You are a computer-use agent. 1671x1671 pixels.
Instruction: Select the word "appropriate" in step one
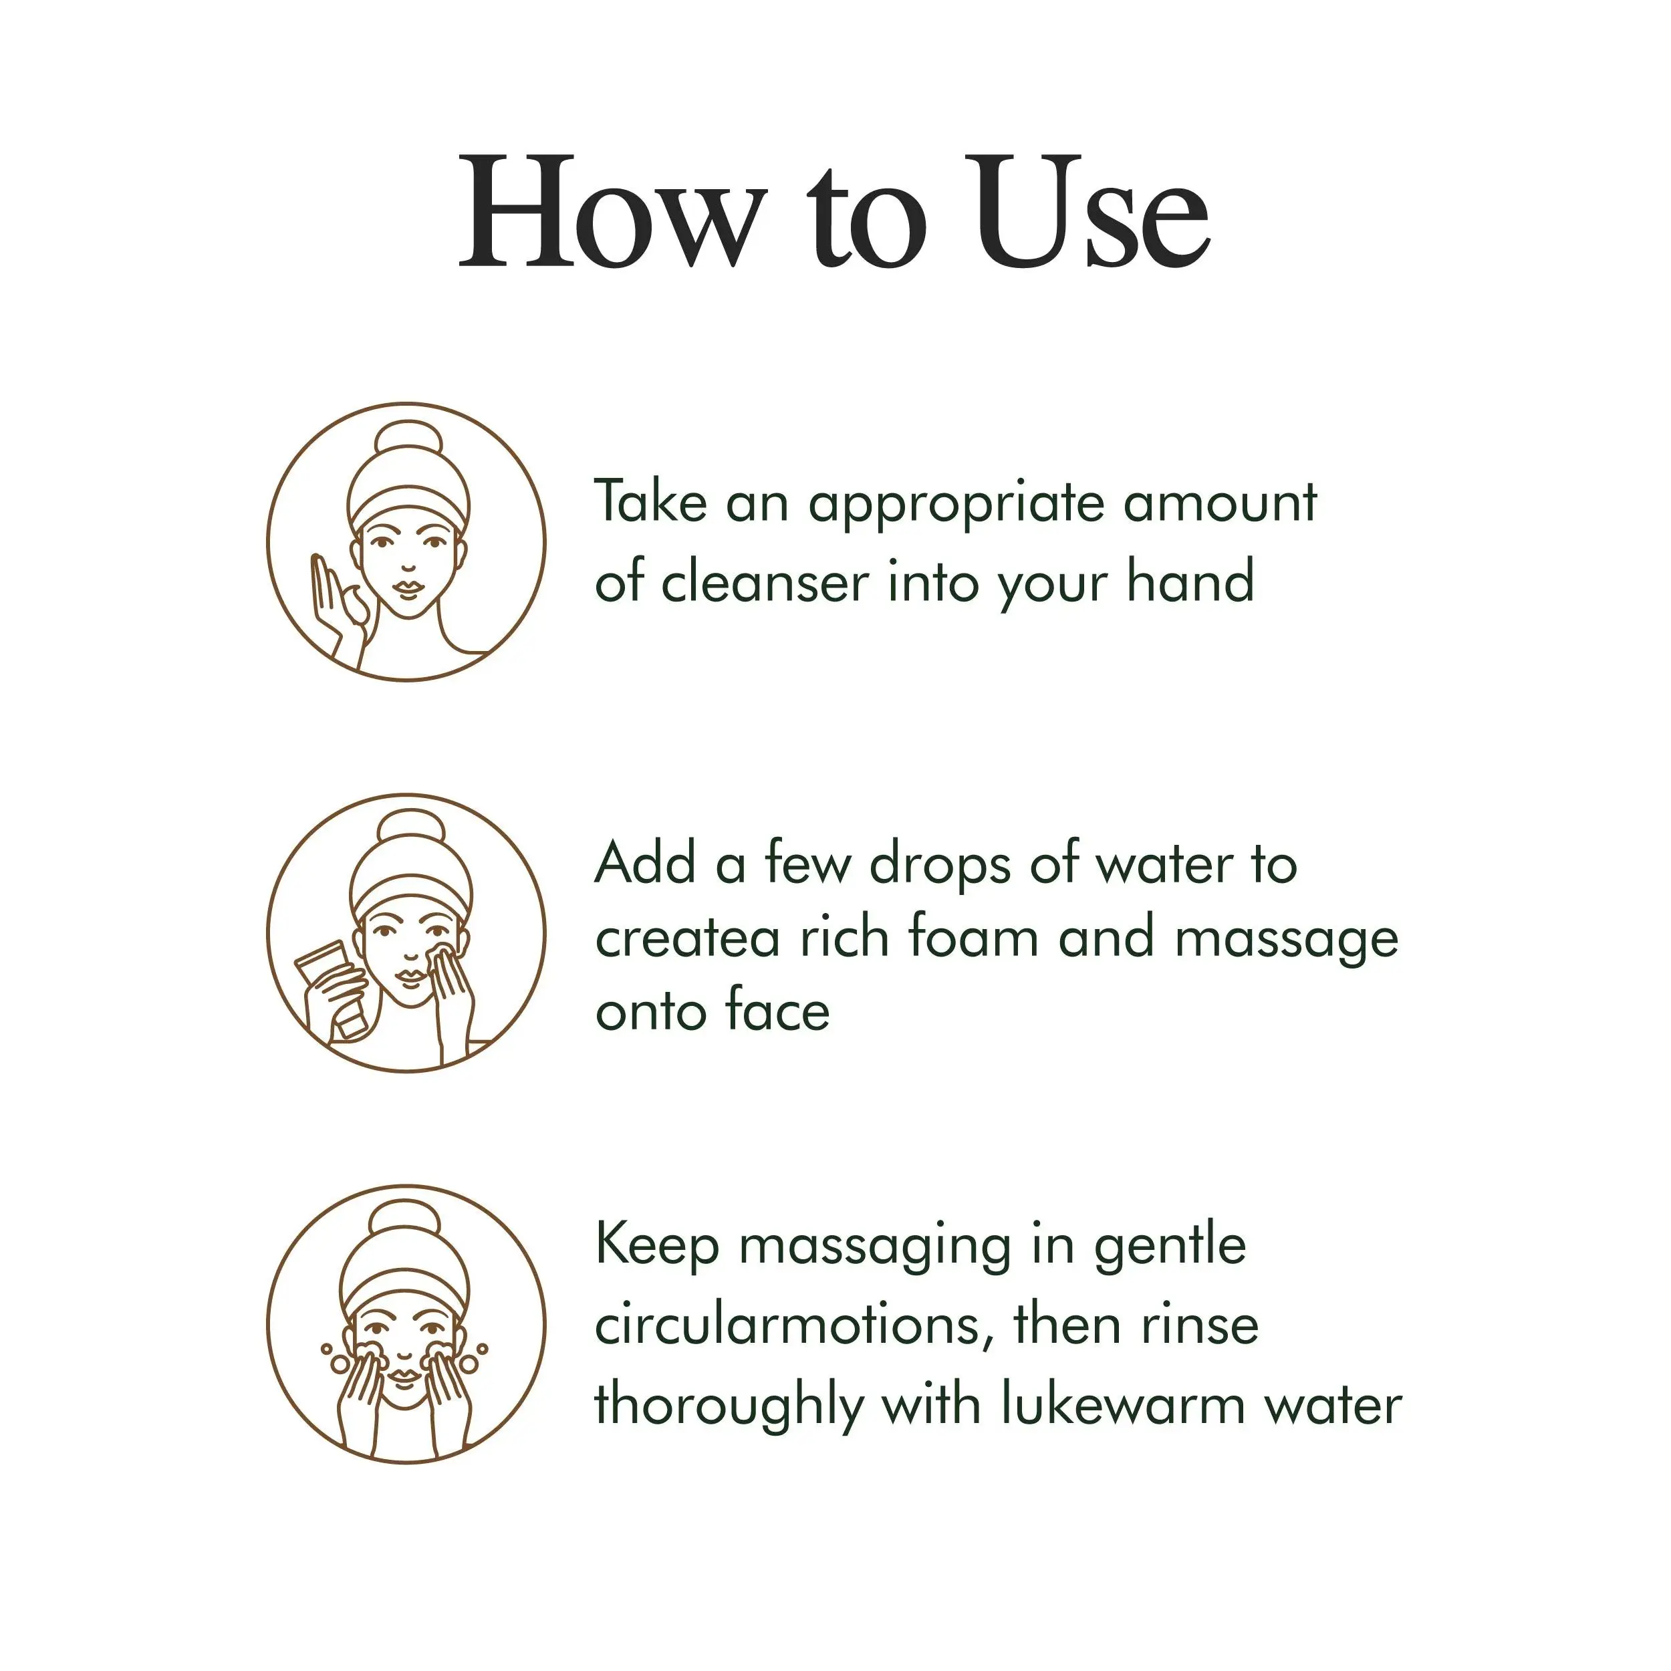click(x=956, y=504)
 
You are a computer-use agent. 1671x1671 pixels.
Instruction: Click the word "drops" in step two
click(x=939, y=866)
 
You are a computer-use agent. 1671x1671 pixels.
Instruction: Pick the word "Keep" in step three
click(x=657, y=1247)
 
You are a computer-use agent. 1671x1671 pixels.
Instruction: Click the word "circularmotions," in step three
click(x=794, y=1324)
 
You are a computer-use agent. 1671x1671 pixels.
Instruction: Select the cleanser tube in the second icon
click(x=327, y=986)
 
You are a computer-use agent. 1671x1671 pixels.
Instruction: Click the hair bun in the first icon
click(x=408, y=444)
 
